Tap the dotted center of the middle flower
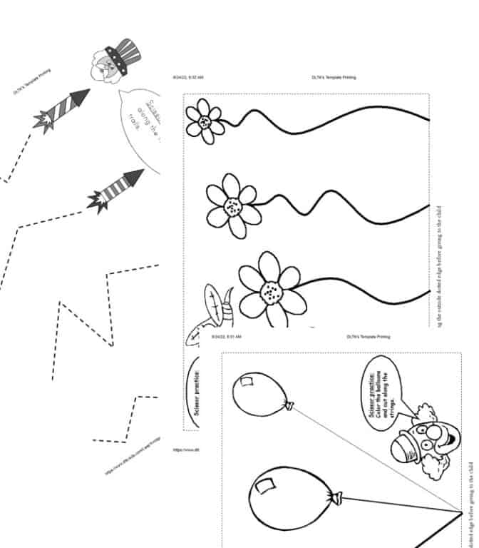pyautogui.click(x=232, y=208)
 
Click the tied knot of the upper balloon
pyautogui.click(x=289, y=406)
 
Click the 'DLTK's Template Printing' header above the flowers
pyautogui.click(x=334, y=77)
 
